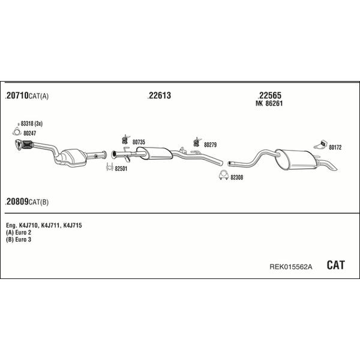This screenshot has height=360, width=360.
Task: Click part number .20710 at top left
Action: point(17,95)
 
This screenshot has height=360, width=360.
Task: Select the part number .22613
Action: point(160,95)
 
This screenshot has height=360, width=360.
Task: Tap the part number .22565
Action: point(269,95)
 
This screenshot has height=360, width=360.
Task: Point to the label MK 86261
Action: point(269,104)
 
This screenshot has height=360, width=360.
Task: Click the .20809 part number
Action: point(17,202)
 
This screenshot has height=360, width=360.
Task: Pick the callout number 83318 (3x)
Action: point(31,124)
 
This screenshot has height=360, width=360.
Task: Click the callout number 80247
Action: point(29,133)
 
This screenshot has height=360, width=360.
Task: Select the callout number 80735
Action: point(139,142)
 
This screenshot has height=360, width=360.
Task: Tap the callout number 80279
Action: point(211,145)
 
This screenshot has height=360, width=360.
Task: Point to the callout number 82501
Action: point(121,169)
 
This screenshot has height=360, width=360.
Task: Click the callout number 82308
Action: point(237,178)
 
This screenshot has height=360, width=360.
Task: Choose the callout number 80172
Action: point(335,148)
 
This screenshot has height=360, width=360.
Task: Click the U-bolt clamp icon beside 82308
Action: point(223,175)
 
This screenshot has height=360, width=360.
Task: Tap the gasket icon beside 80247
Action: point(17,132)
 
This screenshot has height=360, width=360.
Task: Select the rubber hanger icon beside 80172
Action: point(320,144)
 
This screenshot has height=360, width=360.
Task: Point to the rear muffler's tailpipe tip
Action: point(335,169)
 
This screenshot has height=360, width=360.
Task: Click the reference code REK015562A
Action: point(290,267)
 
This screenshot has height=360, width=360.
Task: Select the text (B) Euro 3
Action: point(19,239)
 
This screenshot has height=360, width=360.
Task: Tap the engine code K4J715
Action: point(73,226)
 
